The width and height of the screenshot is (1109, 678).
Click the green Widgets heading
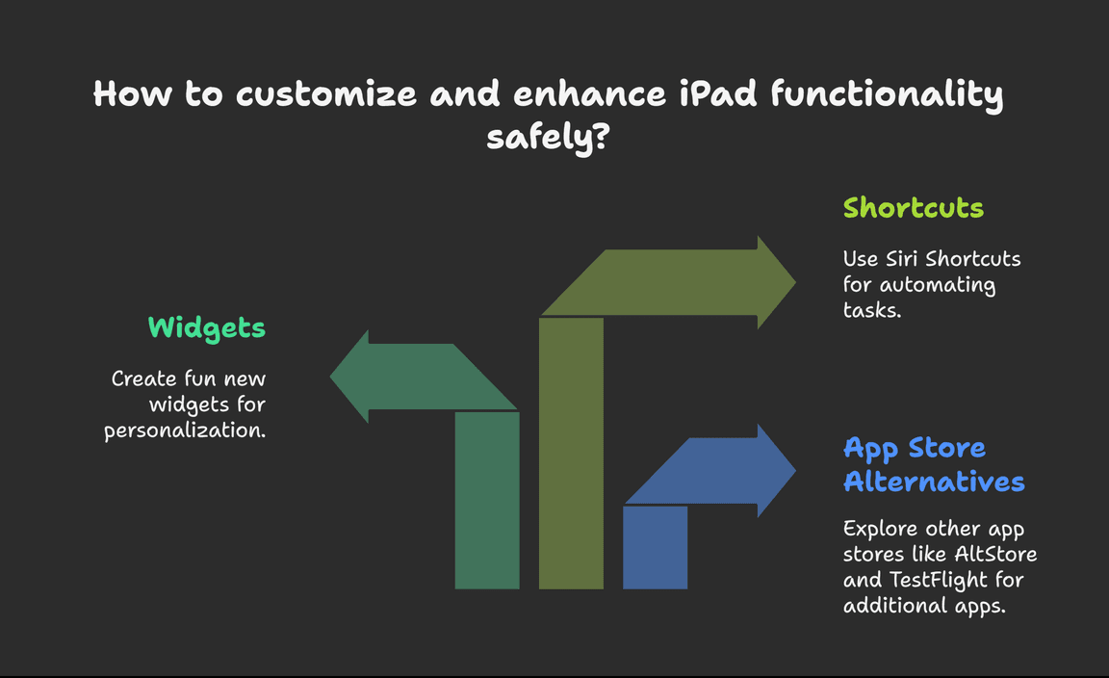[207, 327]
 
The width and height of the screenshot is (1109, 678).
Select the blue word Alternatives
[934, 481]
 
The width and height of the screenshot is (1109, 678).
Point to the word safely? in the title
[548, 137]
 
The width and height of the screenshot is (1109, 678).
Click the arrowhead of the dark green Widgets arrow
[350, 377]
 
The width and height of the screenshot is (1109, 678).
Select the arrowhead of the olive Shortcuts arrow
[776, 282]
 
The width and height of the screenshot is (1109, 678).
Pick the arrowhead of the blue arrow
[776, 471]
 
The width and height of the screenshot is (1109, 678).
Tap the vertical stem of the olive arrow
[571, 453]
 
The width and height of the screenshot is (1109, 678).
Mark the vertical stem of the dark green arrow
[487, 500]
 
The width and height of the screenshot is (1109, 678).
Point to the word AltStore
[995, 554]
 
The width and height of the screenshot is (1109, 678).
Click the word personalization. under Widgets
[185, 430]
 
